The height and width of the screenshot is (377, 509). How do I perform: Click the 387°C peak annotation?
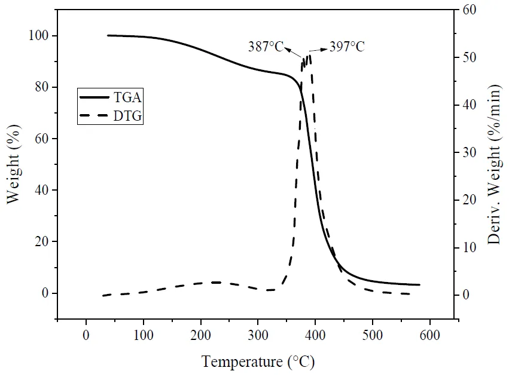pyautogui.click(x=266, y=46)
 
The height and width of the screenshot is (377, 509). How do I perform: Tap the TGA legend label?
pyautogui.click(x=129, y=96)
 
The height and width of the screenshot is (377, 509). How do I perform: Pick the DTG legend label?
pyautogui.click(x=129, y=116)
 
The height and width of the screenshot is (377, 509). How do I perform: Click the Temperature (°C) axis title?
pyautogui.click(x=258, y=361)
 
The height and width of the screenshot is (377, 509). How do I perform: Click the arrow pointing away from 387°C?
pyautogui.click(x=292, y=51)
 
